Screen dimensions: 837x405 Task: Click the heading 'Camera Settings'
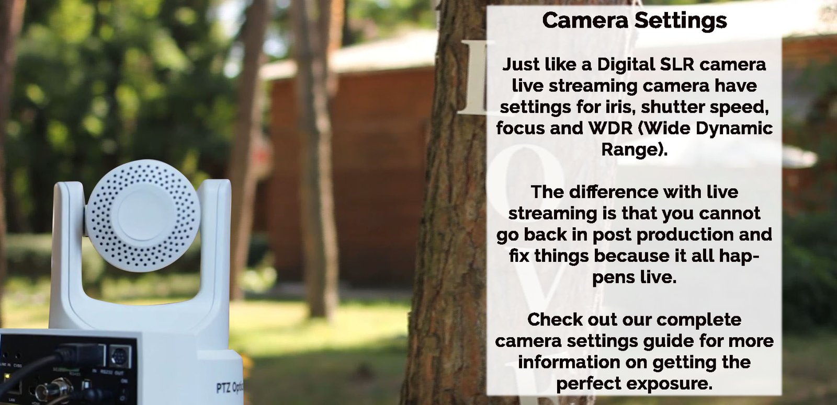tap(634, 20)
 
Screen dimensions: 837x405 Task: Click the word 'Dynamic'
tap(732, 129)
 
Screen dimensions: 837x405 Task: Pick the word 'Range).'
tap(634, 150)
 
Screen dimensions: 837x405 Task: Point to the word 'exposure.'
tap(669, 384)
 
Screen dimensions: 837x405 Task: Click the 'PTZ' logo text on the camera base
tap(223, 387)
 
